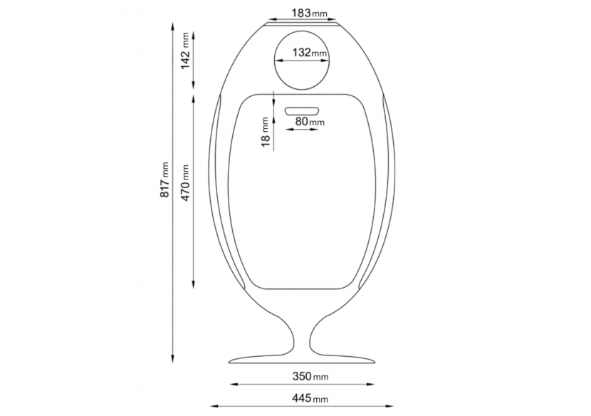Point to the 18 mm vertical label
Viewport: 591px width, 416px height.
(x=266, y=132)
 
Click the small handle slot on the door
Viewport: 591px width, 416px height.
(x=303, y=110)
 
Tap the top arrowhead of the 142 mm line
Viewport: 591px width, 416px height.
(x=194, y=31)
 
